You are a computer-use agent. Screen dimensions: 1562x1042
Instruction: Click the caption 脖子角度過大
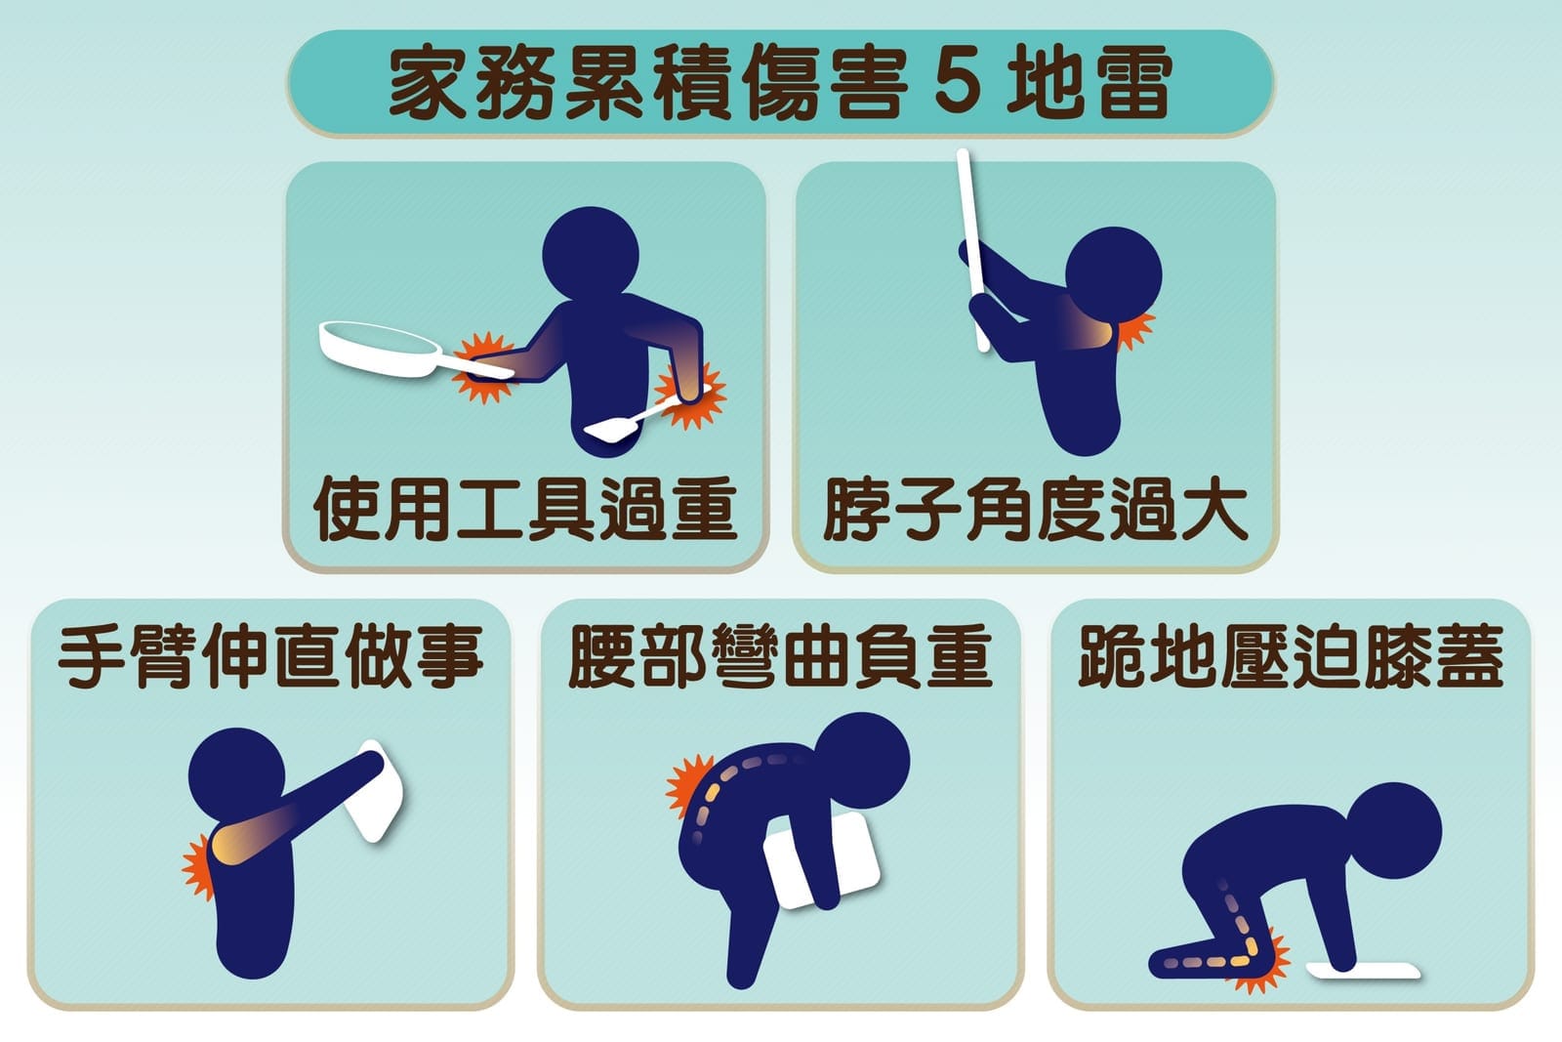coord(1035,509)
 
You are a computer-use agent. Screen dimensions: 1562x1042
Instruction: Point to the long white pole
coord(972,250)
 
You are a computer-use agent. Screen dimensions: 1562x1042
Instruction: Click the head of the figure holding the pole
coord(1114,274)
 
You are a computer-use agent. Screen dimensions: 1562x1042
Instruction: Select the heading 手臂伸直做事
coord(270,655)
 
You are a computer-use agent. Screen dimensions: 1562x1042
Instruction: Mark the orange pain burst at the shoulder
coord(198,866)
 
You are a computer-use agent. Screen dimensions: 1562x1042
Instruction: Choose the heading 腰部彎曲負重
coord(780,655)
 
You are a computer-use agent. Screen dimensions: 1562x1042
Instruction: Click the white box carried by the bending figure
coord(821,860)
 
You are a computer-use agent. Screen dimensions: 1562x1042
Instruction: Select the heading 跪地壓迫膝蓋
coord(1290,655)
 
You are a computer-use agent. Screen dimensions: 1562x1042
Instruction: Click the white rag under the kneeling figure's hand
coord(1363,970)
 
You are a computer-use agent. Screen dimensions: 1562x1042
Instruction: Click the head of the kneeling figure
coord(1393,831)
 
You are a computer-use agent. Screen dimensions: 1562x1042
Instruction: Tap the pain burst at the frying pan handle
coord(482,368)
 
